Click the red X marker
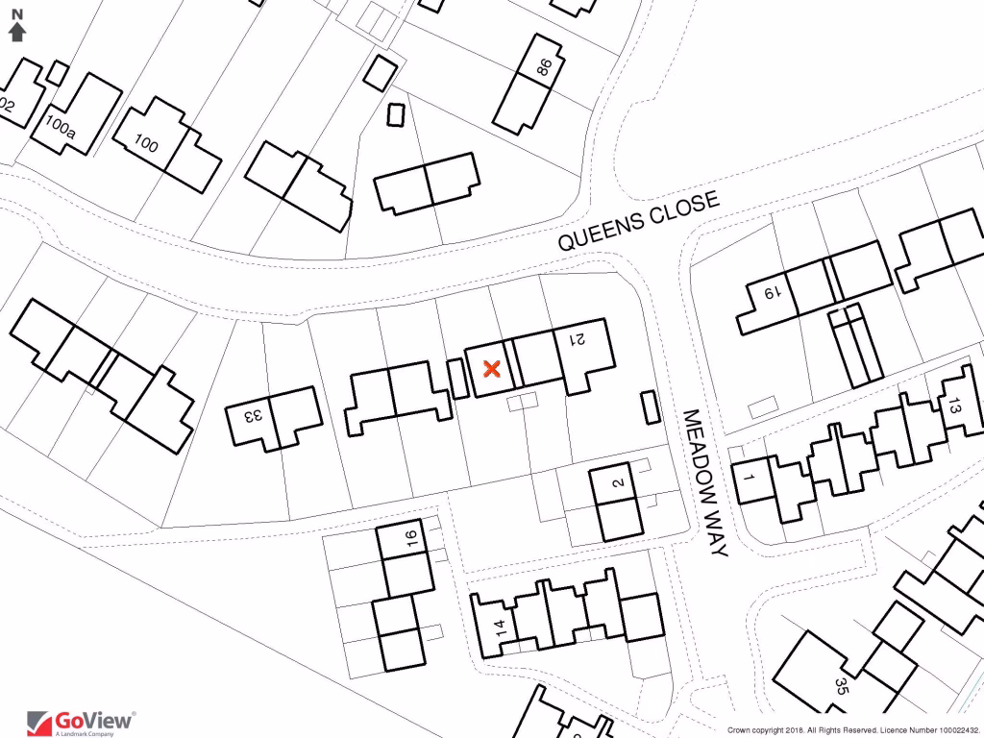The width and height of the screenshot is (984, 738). click(491, 368)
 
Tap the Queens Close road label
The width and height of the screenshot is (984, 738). click(639, 221)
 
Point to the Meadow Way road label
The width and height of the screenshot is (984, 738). click(705, 482)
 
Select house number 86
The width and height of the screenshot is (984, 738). click(545, 67)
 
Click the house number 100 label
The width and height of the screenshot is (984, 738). click(146, 145)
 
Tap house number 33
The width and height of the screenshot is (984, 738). click(255, 416)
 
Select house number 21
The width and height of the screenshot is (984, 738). click(578, 338)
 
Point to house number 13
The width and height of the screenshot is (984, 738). click(953, 406)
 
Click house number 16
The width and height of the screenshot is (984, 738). click(412, 537)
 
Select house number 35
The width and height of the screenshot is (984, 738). click(842, 686)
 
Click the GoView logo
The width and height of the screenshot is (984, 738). click(81, 721)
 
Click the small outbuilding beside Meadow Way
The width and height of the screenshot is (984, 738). click(650, 407)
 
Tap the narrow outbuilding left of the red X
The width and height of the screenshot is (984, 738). click(457, 378)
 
